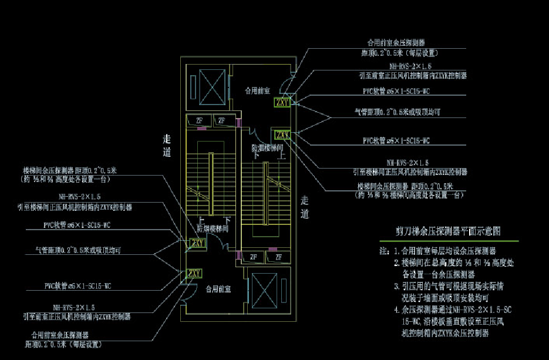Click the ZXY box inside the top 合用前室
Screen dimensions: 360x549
coord(282,103)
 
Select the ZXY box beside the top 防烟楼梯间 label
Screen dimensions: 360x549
coord(281,134)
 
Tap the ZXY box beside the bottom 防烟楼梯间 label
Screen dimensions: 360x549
coord(196,243)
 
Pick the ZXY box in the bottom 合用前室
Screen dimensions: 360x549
coord(194,273)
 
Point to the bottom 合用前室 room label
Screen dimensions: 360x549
coord(218,289)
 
